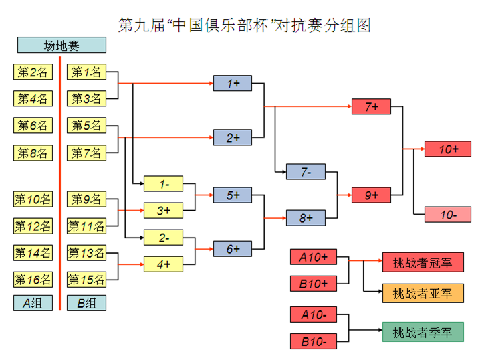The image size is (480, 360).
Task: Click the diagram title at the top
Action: [244, 25]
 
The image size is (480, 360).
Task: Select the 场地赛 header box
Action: [62, 46]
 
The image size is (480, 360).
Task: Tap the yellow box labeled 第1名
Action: [86, 72]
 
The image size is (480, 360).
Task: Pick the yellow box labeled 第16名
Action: [33, 280]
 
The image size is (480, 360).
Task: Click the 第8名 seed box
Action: [33, 153]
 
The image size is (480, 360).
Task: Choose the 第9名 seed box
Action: [86, 199]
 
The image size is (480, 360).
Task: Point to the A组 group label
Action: [33, 303]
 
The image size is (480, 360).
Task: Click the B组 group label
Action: [86, 303]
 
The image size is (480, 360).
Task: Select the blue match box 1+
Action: [233, 84]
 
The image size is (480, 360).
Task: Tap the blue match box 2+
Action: [233, 138]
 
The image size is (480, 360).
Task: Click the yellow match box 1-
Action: [164, 183]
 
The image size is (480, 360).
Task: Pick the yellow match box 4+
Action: [164, 264]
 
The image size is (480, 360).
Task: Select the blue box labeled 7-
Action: [306, 171]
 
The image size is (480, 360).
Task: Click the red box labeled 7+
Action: [371, 106]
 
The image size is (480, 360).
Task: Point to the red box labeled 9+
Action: [371, 195]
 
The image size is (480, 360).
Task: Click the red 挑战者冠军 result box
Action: [423, 262]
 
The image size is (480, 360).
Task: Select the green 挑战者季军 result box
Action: [423, 332]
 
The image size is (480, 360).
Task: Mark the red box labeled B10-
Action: [314, 341]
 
